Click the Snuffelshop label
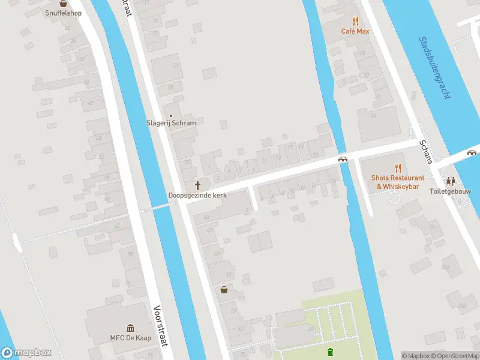coord(63,13)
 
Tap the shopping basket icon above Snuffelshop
coord(63,3)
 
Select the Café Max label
coord(355,31)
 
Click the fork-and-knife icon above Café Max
coord(355,21)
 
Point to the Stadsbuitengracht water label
coord(437,67)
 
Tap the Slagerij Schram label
coord(172,123)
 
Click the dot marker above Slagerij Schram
coord(172,115)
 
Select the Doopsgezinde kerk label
coord(197,196)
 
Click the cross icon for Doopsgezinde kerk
coord(198,185)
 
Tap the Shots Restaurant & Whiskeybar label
coord(397,182)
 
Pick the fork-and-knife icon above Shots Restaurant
coord(397,168)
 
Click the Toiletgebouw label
coord(451,191)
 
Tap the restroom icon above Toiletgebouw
coord(451,181)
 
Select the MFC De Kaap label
coord(130,338)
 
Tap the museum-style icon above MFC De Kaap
coord(130,328)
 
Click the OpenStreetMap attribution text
coord(458,356)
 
